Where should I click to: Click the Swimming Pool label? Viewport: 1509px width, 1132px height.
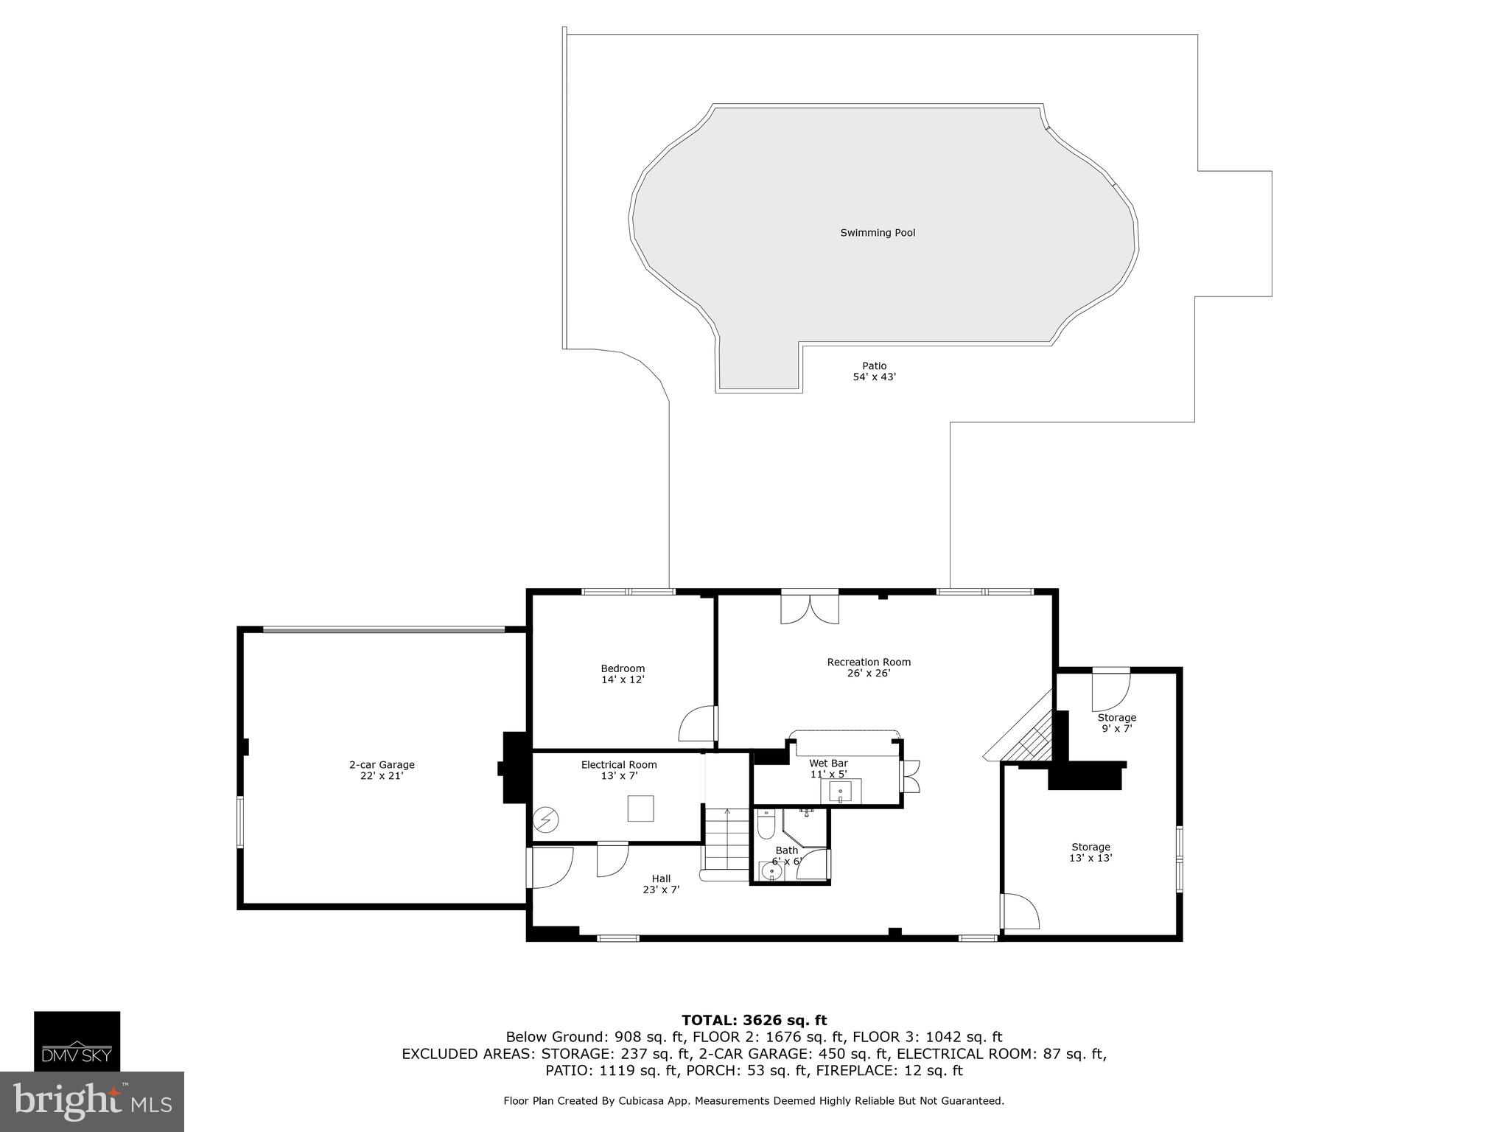click(x=878, y=233)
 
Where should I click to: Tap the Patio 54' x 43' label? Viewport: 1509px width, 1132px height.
click(x=874, y=371)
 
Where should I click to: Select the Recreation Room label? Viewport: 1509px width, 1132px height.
click(x=869, y=667)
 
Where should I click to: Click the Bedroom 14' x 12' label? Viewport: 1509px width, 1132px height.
click(x=623, y=674)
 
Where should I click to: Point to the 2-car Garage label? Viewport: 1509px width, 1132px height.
click(x=382, y=770)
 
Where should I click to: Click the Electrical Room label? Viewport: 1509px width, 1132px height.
click(x=619, y=770)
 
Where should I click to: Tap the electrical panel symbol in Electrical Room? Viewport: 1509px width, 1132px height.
click(x=547, y=820)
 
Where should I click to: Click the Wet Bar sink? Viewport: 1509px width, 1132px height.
click(x=840, y=792)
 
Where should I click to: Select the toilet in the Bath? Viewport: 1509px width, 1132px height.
click(x=766, y=826)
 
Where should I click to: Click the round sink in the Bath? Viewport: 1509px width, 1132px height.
click(x=771, y=871)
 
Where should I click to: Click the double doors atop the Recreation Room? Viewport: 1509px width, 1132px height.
click(x=810, y=609)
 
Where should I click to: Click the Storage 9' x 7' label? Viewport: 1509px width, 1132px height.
click(x=1116, y=723)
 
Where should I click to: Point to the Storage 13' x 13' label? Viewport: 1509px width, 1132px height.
click(x=1090, y=853)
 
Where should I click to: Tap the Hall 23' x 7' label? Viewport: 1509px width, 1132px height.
click(x=661, y=884)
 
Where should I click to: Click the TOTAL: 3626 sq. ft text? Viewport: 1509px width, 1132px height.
click(x=754, y=1020)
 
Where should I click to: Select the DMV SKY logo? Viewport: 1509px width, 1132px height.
click(x=77, y=1041)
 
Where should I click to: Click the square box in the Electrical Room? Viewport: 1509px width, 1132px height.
click(x=640, y=808)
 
